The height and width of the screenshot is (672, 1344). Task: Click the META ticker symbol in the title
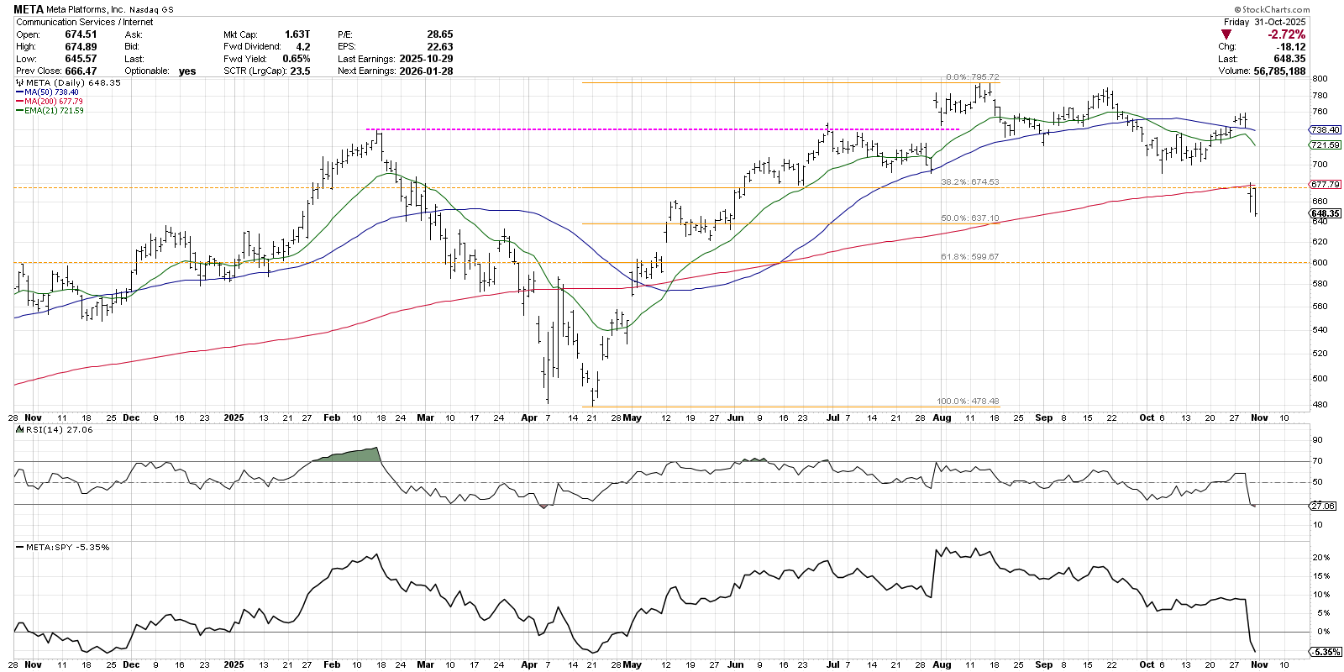29,10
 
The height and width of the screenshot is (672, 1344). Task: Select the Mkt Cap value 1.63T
297,34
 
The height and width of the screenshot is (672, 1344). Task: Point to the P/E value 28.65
439,34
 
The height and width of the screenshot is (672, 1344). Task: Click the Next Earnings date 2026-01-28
427,71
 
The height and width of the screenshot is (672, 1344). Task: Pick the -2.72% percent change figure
1287,34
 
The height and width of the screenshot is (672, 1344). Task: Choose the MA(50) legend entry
50,92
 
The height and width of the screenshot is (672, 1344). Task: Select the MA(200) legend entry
53,102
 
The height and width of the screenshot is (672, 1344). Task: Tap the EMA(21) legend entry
53,111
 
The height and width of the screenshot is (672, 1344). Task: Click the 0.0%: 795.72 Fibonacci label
972,77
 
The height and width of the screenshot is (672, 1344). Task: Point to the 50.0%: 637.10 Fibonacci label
969,218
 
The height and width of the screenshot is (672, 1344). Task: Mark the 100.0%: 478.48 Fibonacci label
968,402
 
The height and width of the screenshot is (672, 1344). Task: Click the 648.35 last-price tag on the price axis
1325,213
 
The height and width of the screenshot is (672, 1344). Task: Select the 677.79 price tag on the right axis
1325,184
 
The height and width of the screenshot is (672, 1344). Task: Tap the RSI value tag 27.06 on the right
1323,506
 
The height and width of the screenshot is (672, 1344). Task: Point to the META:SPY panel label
66,548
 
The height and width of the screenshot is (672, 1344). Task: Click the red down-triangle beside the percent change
1226,34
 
